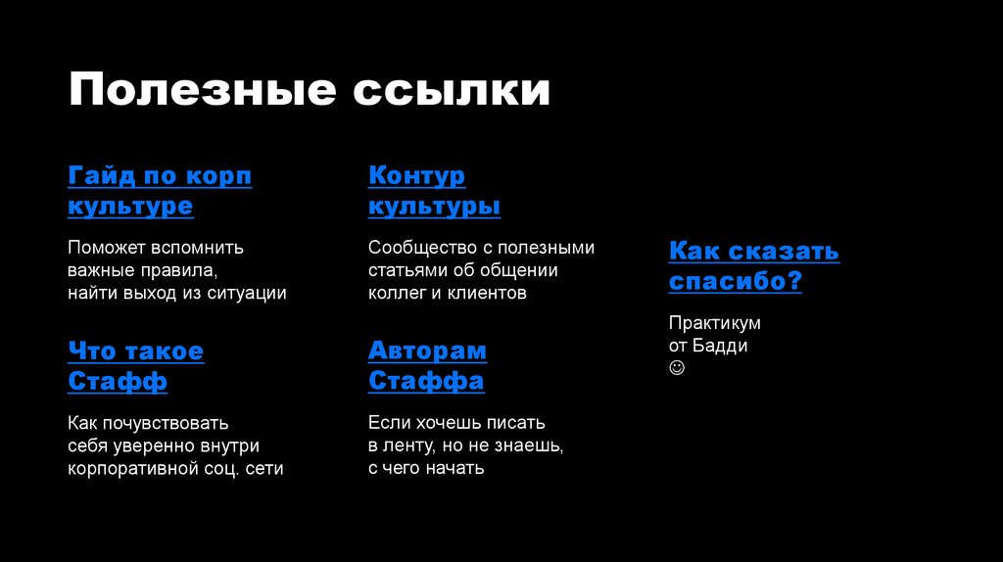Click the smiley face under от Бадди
(677, 368)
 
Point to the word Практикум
(714, 323)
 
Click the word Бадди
(724, 346)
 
